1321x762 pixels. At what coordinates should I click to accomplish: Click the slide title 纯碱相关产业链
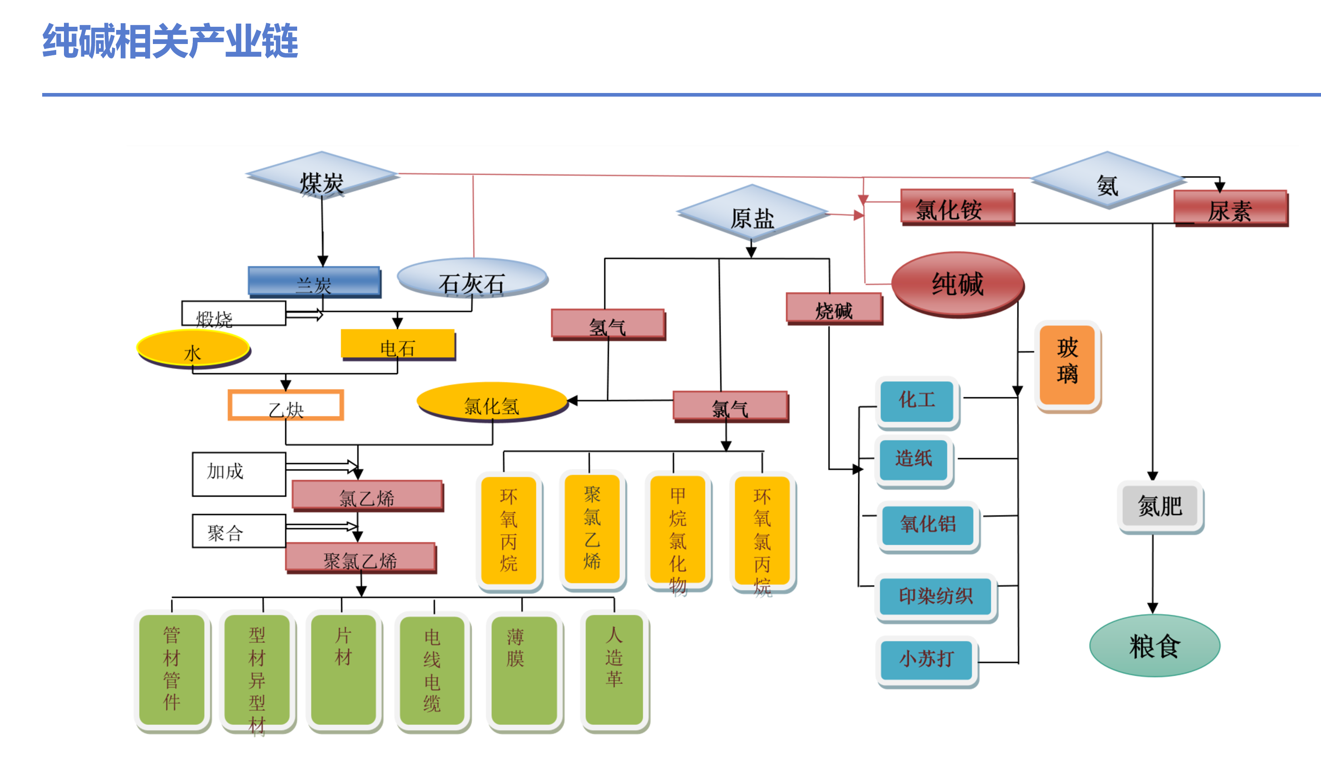pyautogui.click(x=170, y=41)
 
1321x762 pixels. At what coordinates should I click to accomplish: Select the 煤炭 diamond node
pyautogui.click(x=322, y=176)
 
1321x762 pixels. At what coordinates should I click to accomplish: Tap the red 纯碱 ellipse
pyautogui.click(x=957, y=284)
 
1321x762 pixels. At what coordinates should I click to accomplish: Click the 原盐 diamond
pyautogui.click(x=752, y=214)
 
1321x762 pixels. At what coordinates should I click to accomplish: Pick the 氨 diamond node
pyautogui.click(x=1107, y=181)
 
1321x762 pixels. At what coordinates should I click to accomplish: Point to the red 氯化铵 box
pyautogui.click(x=957, y=207)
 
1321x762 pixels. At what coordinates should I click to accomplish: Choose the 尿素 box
pyautogui.click(x=1230, y=208)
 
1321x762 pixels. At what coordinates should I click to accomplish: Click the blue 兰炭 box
pyautogui.click(x=314, y=282)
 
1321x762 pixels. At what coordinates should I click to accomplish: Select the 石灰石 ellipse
pyautogui.click(x=472, y=278)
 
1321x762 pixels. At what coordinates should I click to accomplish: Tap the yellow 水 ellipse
pyautogui.click(x=193, y=348)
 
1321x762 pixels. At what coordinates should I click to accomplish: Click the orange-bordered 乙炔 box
pyautogui.click(x=286, y=405)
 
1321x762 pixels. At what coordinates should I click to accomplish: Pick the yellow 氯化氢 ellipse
pyautogui.click(x=492, y=402)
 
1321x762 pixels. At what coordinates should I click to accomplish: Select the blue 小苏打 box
pyautogui.click(x=926, y=659)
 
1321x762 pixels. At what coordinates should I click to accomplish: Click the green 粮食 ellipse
pyautogui.click(x=1155, y=645)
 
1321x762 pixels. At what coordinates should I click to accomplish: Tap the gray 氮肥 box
pyautogui.click(x=1160, y=506)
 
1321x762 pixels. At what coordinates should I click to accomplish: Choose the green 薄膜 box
pyautogui.click(x=524, y=670)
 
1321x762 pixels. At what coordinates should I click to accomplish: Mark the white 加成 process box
pyautogui.click(x=239, y=474)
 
